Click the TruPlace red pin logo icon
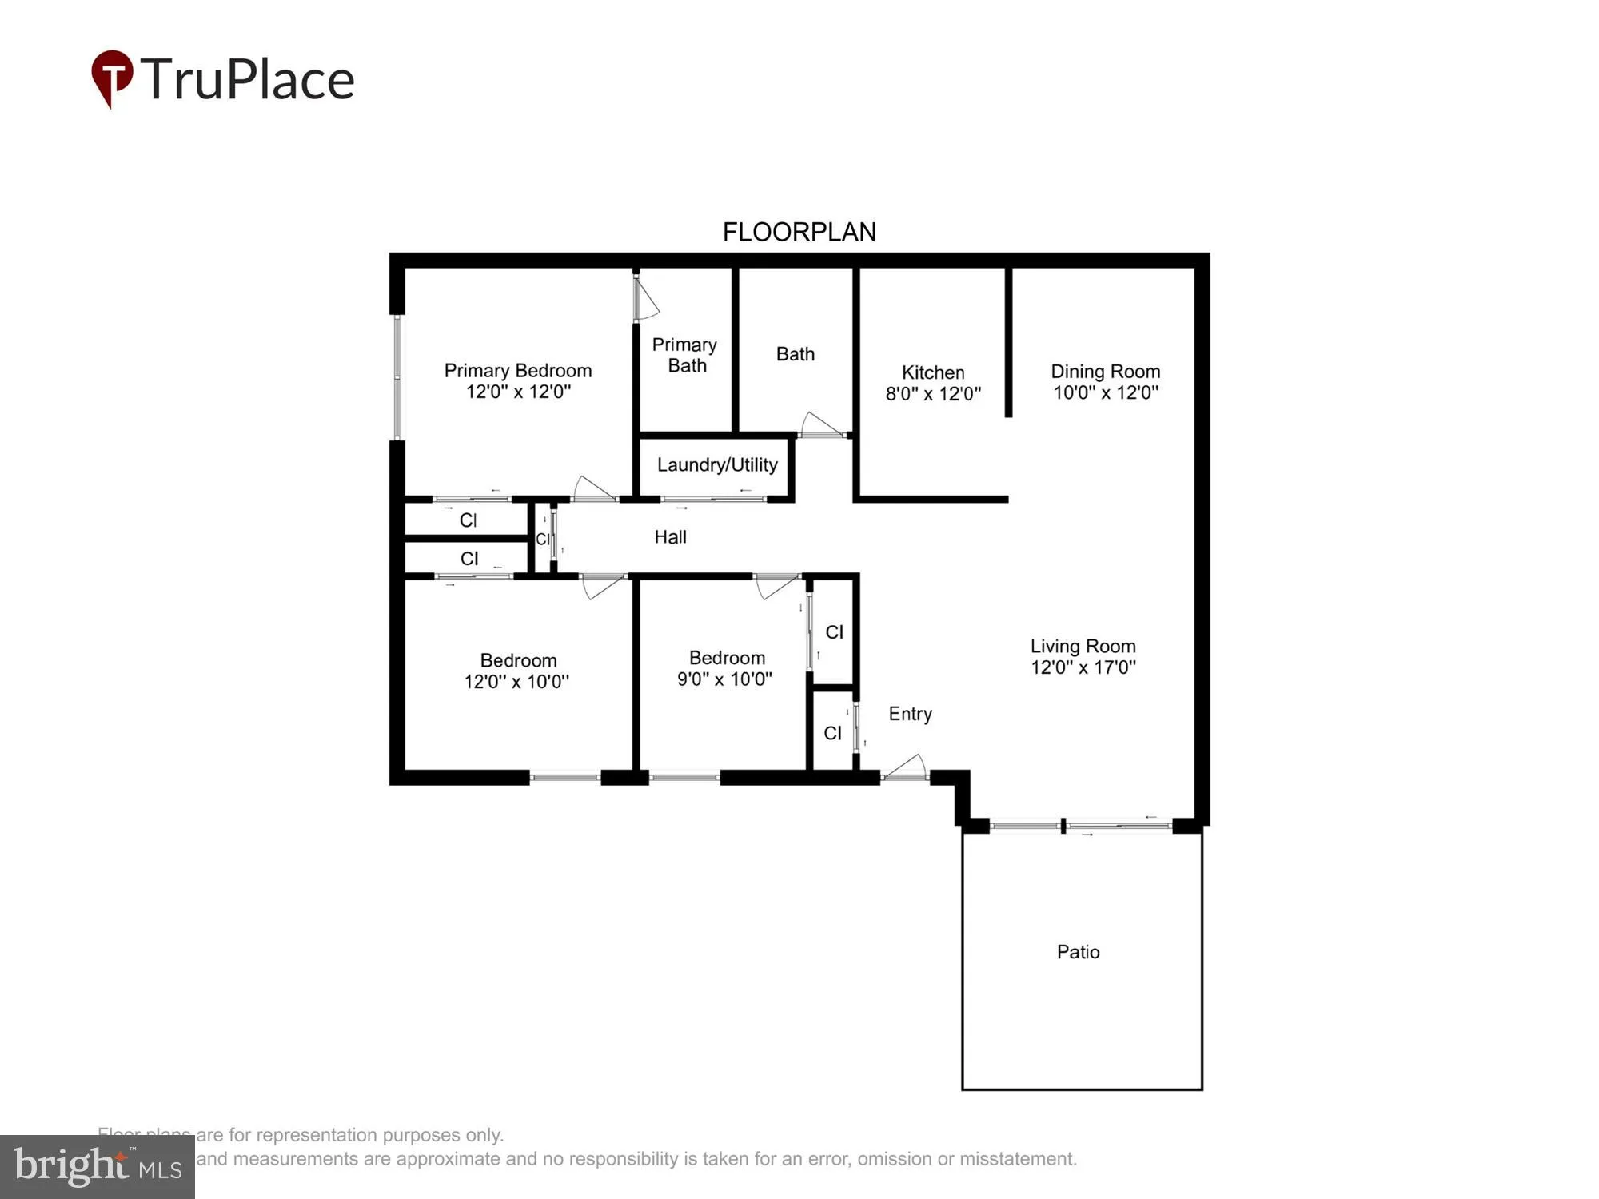111,78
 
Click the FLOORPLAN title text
799,232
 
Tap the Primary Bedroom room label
517,371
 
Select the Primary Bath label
685,355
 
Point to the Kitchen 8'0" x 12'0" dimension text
932,394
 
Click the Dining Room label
1105,372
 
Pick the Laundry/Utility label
717,465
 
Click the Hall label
670,537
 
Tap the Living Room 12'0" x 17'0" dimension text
1083,667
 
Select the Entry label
910,714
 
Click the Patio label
1078,952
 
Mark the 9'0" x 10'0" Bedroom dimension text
724,679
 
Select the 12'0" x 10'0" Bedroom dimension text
516,682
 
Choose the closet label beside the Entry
832,733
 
